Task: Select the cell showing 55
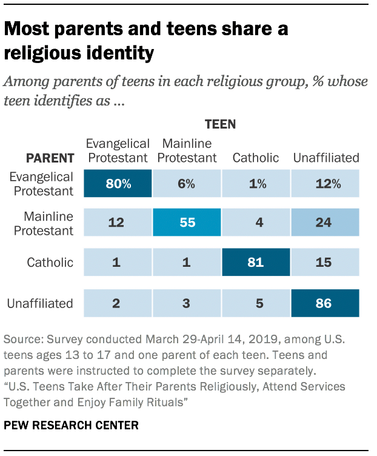pos(187,223)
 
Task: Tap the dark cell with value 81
pos(256,263)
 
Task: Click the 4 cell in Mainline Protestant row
pos(256,223)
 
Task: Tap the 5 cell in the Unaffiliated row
pos(256,303)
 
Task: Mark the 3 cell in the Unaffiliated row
pos(187,303)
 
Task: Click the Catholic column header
pos(256,158)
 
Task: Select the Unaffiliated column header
pos(326,158)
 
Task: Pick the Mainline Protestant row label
pos(48,223)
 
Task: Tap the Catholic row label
pos(50,263)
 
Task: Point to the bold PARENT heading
pos(50,158)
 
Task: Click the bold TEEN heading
pos(221,125)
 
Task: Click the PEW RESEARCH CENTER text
pos(71,426)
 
